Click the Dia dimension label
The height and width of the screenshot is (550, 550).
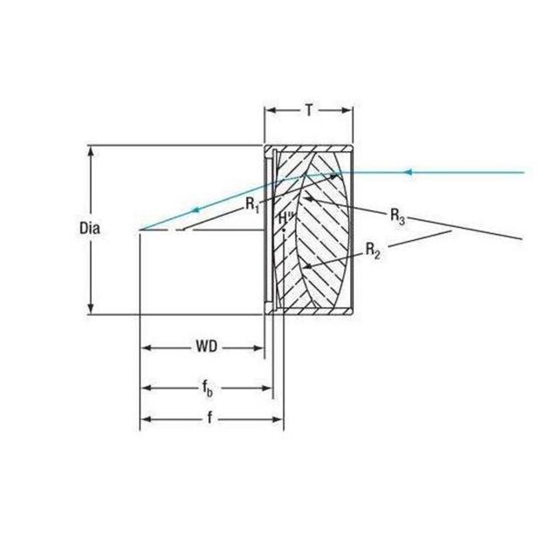click(89, 229)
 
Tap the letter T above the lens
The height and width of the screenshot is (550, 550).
click(309, 111)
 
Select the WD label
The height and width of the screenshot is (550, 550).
click(207, 347)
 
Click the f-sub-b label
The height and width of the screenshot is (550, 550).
click(207, 388)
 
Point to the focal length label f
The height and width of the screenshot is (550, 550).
click(210, 418)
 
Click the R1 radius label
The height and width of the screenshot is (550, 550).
click(252, 204)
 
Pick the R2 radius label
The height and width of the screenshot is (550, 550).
click(373, 251)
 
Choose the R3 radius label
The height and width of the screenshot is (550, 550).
click(398, 217)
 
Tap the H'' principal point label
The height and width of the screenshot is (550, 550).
click(285, 218)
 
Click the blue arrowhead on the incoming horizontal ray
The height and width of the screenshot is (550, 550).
click(408, 172)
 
